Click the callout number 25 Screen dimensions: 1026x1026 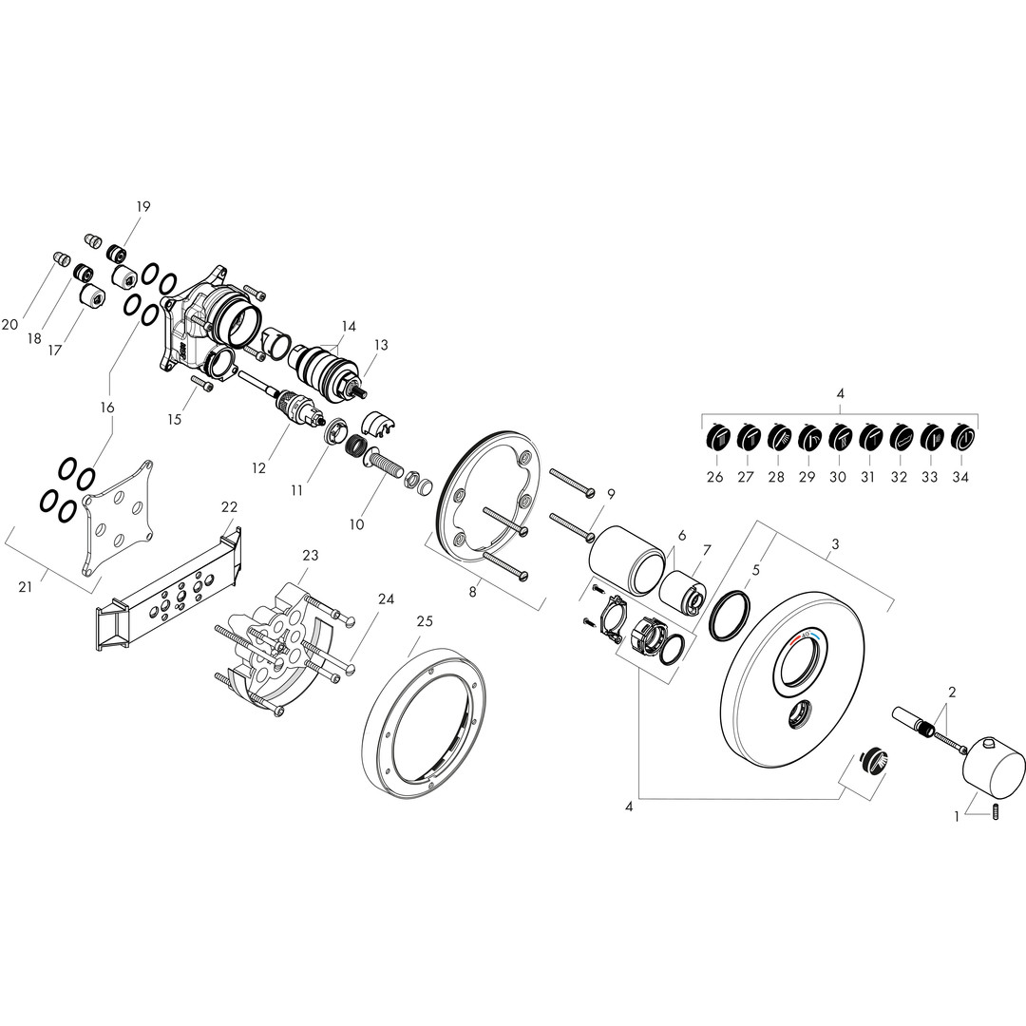(x=425, y=620)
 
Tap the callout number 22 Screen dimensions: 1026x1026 (x=229, y=507)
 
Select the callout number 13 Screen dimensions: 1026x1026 (x=381, y=345)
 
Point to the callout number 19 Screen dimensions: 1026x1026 (x=143, y=207)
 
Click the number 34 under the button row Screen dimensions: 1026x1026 (x=959, y=477)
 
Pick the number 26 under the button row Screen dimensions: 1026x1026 (x=715, y=477)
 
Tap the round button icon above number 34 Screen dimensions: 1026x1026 (x=961, y=436)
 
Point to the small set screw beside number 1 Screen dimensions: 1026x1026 (x=996, y=813)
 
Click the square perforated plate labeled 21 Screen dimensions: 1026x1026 (x=120, y=518)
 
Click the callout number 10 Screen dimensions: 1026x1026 (x=356, y=524)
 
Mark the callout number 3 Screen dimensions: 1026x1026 (x=836, y=544)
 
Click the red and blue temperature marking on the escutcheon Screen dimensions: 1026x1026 (x=805, y=637)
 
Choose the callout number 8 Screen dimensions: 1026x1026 (x=473, y=592)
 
